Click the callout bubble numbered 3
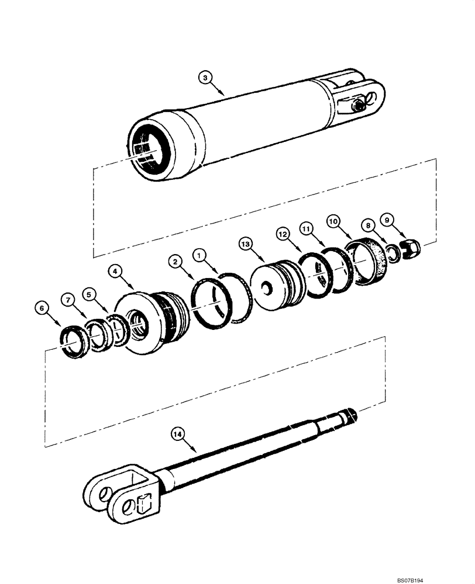coord(204,77)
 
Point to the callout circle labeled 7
coord(68,300)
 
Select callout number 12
coord(283,234)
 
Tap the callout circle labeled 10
coord(332,221)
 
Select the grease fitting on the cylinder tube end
coord(357,106)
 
